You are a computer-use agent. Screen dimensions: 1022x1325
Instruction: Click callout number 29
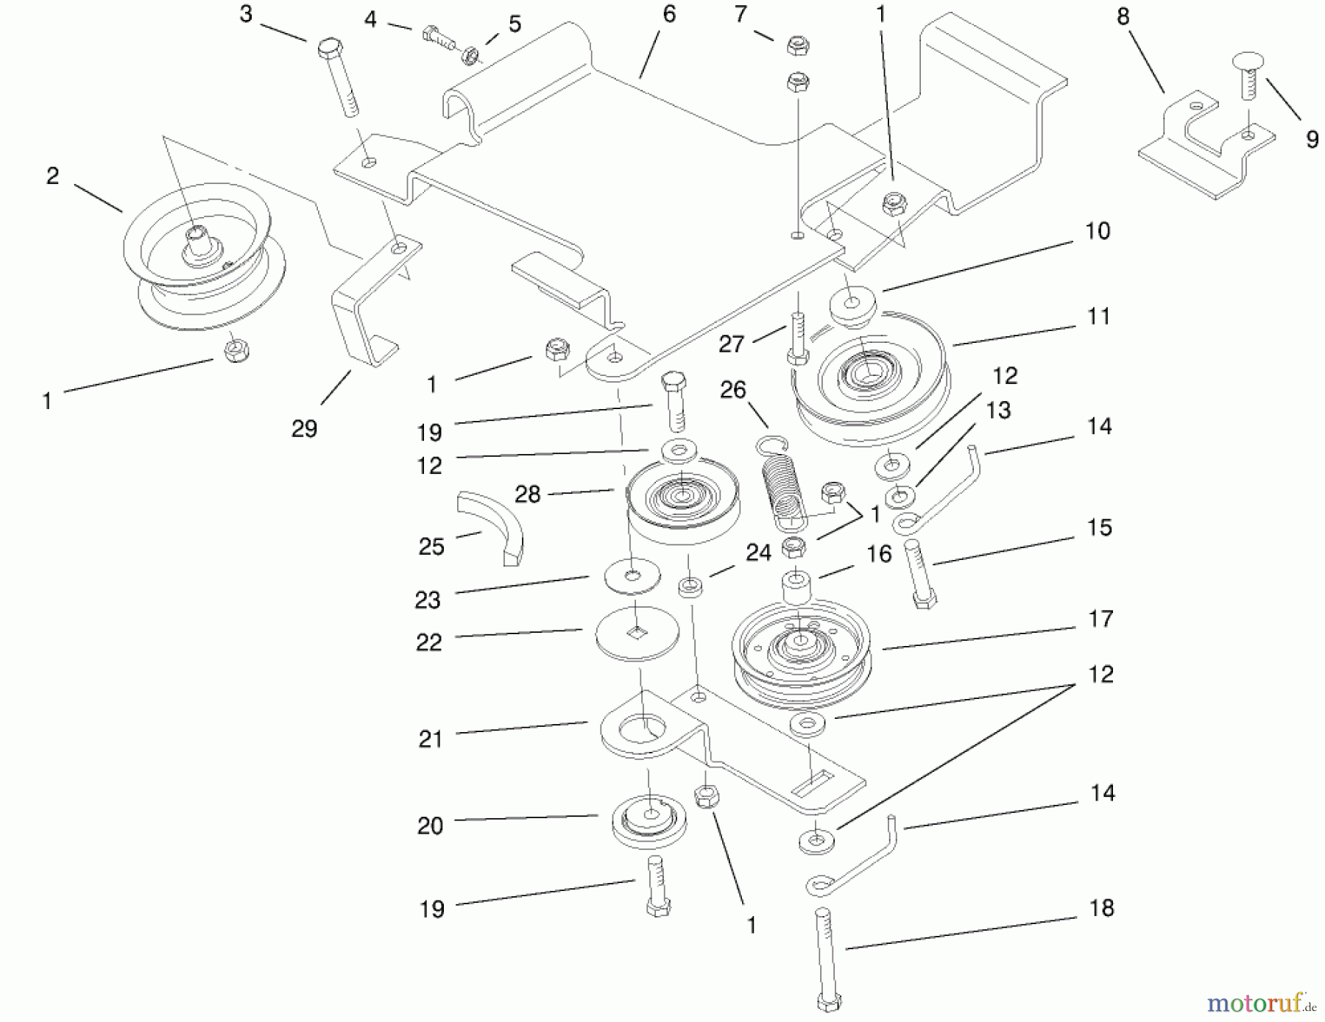coord(304,428)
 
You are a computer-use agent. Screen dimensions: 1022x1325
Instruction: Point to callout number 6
coord(669,14)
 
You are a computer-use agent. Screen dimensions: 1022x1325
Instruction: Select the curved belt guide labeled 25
coord(491,524)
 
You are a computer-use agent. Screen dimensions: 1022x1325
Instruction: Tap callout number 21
coord(430,739)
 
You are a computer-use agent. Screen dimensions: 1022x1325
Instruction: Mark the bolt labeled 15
coord(919,572)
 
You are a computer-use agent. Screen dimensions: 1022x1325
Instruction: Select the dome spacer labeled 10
coord(852,306)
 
